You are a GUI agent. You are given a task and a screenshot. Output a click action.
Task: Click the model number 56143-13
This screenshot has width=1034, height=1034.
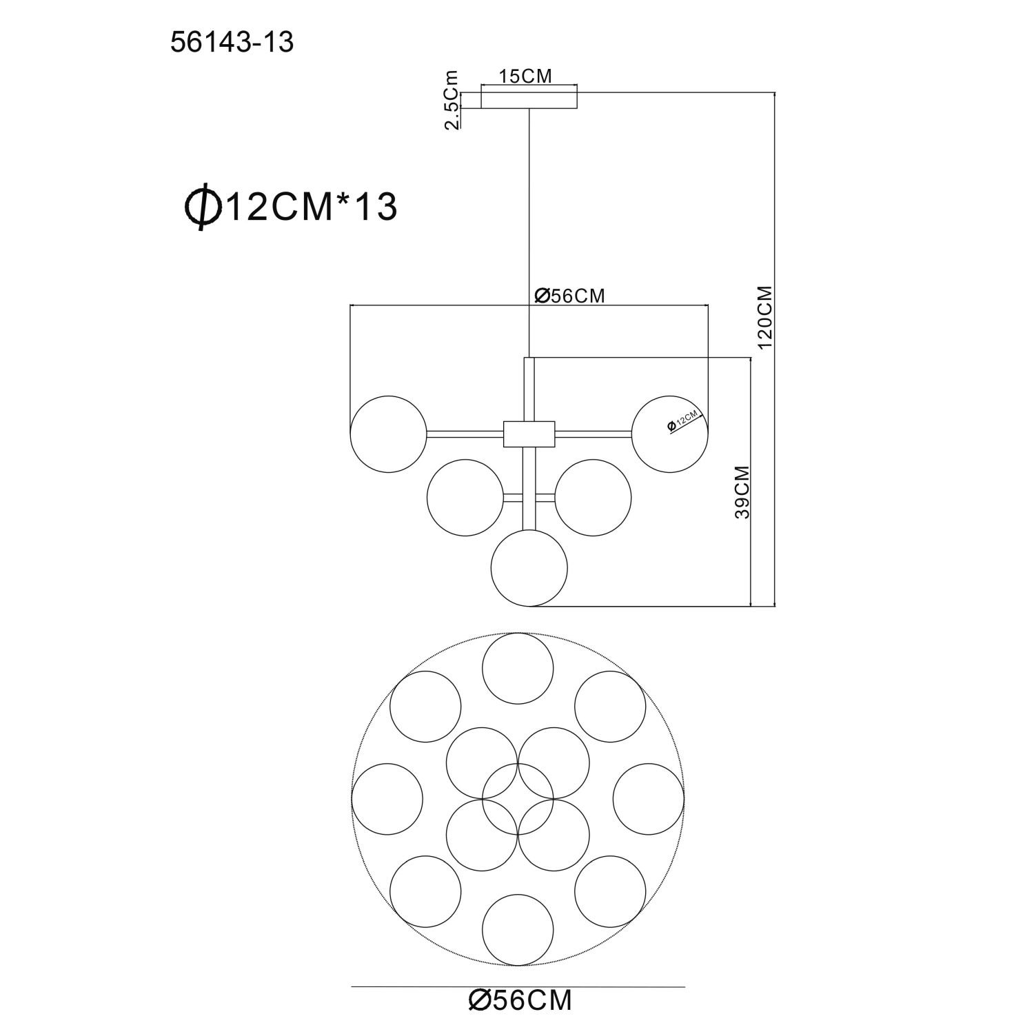click(232, 43)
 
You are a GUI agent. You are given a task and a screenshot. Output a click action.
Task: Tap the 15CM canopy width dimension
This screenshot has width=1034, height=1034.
click(526, 77)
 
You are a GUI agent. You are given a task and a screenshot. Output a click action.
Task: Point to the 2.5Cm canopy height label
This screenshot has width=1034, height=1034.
click(452, 100)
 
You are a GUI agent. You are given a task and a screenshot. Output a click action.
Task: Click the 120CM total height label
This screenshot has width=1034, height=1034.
click(766, 317)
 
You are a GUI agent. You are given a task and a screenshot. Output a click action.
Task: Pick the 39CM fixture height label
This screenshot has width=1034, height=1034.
click(742, 492)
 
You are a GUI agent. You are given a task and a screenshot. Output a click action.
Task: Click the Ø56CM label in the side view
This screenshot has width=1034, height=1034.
click(569, 296)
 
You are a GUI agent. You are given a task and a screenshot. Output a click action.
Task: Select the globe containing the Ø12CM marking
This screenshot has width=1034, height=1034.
click(671, 434)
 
